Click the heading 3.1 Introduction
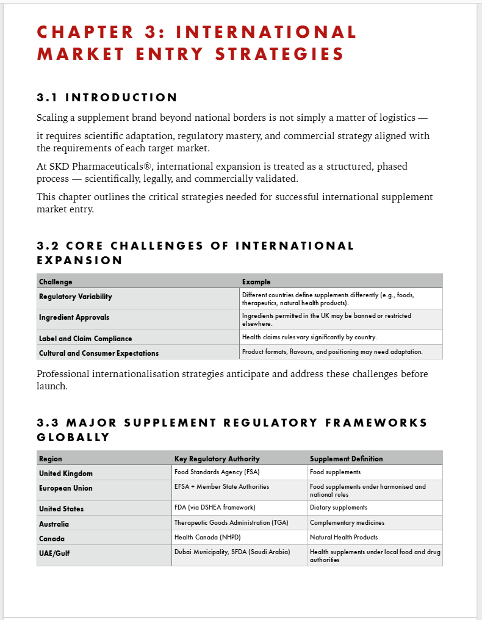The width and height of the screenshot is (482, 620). tap(107, 98)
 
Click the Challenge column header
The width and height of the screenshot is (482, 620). tap(56, 282)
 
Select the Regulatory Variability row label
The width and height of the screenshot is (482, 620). tap(76, 297)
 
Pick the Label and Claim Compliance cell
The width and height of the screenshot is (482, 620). tap(85, 339)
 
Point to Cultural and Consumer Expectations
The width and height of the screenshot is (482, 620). tap(99, 353)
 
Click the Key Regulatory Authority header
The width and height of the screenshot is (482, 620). tap(217, 459)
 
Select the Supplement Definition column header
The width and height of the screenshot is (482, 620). tap(346, 459)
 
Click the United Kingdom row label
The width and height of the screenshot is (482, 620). tap(66, 474)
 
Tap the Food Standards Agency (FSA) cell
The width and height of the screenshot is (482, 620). tap(217, 472)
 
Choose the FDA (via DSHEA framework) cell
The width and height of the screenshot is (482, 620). tap(215, 508)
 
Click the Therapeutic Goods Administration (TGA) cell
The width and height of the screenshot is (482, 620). tap(231, 523)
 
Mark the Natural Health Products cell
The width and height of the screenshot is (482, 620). tap(344, 538)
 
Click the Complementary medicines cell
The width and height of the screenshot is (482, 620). tap(347, 523)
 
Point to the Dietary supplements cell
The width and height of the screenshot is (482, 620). tap(339, 508)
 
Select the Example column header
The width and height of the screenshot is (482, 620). tap(256, 282)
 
